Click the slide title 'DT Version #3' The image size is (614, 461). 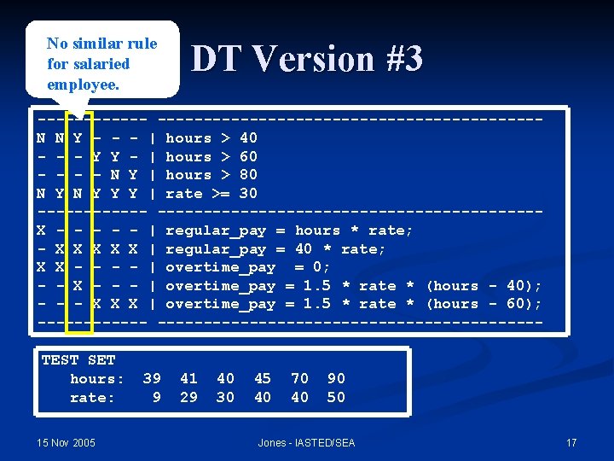(307, 60)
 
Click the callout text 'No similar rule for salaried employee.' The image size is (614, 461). (101, 63)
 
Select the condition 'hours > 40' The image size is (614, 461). (211, 138)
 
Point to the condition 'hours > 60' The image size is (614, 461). (211, 157)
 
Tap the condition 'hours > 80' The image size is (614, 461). (211, 175)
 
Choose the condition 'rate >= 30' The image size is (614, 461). (211, 194)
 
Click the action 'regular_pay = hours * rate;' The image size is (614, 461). (289, 230)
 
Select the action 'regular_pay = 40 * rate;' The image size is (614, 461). (275, 249)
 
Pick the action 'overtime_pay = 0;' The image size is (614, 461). (248, 267)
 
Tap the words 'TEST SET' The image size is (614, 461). (78, 360)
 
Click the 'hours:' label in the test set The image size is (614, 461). (97, 378)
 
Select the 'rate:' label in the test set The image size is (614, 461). (92, 397)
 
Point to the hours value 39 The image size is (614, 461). (152, 378)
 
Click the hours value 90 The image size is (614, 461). (336, 378)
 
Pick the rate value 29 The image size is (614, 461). (188, 397)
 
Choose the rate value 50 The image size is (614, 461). (336, 397)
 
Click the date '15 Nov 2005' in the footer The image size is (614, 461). (67, 442)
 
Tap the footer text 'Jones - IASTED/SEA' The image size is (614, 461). (306, 442)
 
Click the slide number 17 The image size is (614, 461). (571, 442)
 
